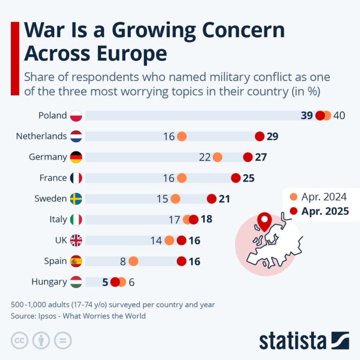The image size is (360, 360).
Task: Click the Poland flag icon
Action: [x=76, y=115]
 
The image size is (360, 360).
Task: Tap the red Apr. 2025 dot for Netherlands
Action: [x=260, y=137]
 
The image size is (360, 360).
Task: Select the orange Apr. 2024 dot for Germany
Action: [x=217, y=157]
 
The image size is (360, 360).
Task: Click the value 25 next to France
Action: [x=249, y=178]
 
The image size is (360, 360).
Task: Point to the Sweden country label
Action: [x=51, y=199]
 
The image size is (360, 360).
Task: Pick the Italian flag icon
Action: [x=76, y=219]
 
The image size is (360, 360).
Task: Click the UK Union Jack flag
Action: [x=76, y=241]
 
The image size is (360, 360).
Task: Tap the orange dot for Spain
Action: [x=133, y=261]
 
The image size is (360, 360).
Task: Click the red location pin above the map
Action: [x=265, y=222]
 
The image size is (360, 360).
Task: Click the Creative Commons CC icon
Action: [x=19, y=340]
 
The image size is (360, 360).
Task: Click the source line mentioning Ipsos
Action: [x=78, y=316]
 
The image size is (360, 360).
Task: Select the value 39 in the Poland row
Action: [x=307, y=115]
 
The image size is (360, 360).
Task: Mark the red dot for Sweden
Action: [x=212, y=199]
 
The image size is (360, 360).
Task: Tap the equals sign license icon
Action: [x=63, y=340]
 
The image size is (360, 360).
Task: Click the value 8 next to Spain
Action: [x=123, y=261]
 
